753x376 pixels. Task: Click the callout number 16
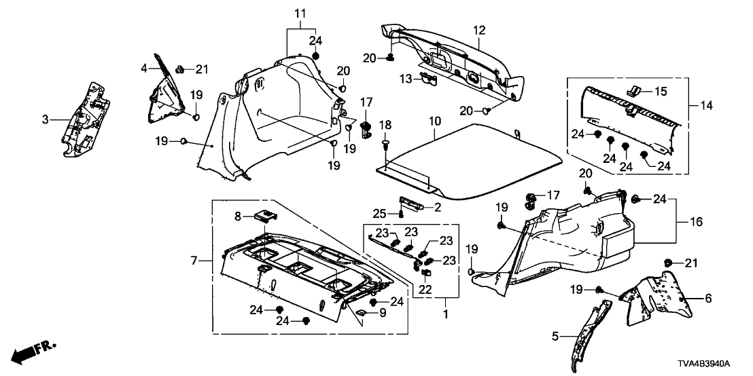(x=696, y=222)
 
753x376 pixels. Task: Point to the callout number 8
(x=237, y=216)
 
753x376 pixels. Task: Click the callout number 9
(x=382, y=313)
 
